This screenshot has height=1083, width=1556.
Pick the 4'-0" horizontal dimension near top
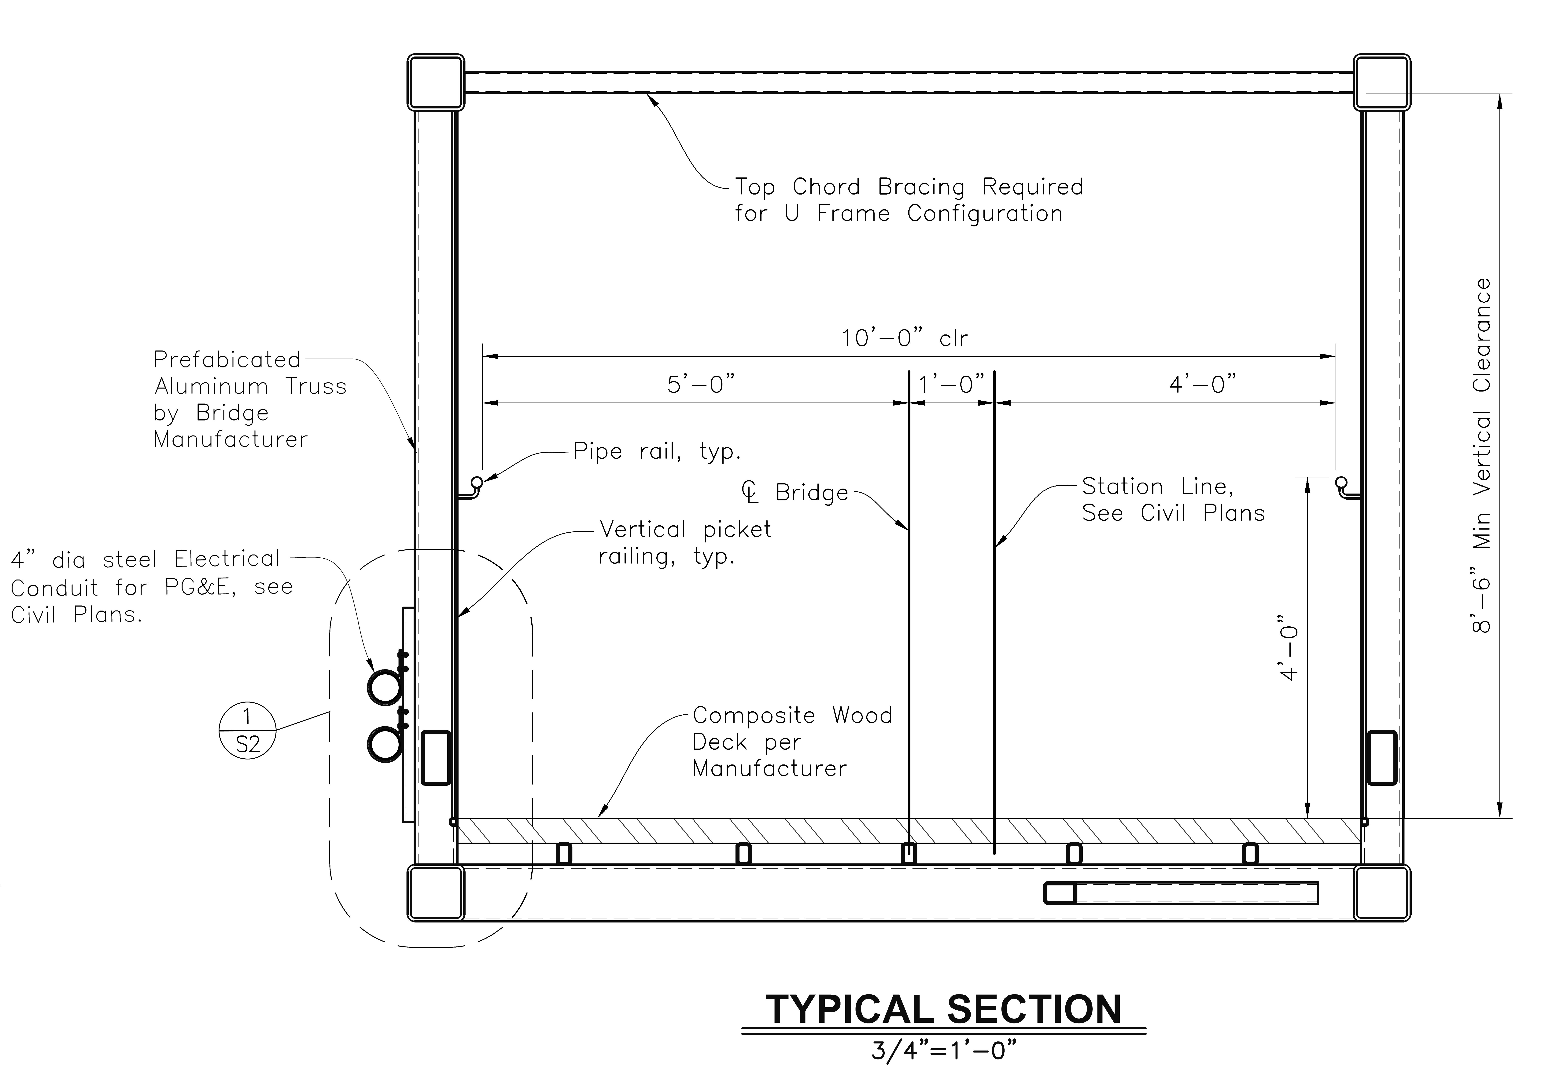(x=1203, y=384)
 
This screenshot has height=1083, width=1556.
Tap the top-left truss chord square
(x=436, y=82)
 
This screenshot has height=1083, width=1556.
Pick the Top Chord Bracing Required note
(x=909, y=200)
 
